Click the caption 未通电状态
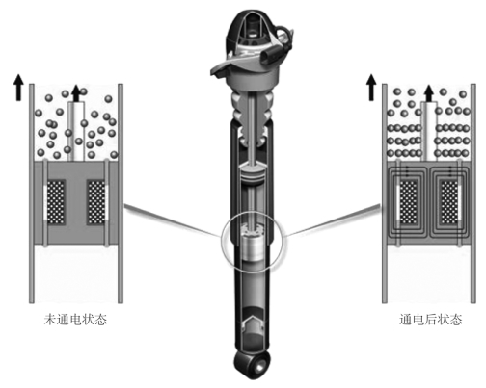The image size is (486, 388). pos(75,320)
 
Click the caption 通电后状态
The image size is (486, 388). pos(431,320)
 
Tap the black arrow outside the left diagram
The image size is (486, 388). pos(18,88)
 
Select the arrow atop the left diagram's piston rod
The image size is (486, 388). pos(76,93)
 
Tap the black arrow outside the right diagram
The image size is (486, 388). pos(371,88)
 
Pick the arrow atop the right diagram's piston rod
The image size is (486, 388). pos(429,93)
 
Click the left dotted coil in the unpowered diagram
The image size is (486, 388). pos(57,202)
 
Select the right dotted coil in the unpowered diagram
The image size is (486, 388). pos(95,202)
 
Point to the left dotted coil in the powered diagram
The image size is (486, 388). pos(409,202)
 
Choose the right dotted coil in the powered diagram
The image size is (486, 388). pos(448,202)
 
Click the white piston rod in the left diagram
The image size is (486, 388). pos(76,131)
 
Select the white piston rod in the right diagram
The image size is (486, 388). pos(429,131)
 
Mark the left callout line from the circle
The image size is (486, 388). pos(173,220)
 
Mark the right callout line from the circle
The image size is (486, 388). pos(334,220)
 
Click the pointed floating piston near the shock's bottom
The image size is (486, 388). pos(253,323)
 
